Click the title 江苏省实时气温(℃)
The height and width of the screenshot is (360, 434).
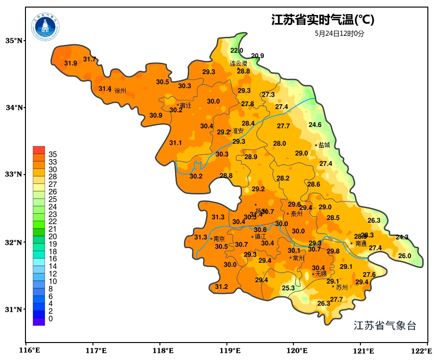coord(323,20)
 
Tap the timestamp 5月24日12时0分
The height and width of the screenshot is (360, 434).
coord(340,33)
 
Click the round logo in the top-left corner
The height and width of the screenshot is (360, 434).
coord(46,27)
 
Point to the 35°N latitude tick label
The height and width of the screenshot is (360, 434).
coord(14,41)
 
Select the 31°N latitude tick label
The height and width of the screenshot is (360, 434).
coord(14,310)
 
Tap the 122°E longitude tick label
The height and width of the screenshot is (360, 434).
coord(422,351)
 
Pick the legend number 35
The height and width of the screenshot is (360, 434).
coord(52,154)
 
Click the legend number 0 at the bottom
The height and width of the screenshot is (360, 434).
coord(50,319)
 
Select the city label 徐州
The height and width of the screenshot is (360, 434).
coord(120,91)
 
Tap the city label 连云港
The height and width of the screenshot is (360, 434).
coord(238,63)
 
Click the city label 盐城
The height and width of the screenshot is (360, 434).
coord(325,145)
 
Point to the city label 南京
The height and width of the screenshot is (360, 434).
coord(219,239)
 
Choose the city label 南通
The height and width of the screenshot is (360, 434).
coord(361,244)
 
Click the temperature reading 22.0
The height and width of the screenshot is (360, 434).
coord(237,50)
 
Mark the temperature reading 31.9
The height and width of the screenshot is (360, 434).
coord(71,63)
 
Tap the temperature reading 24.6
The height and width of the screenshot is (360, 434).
coord(315,125)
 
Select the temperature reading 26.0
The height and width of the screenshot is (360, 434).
coord(405,256)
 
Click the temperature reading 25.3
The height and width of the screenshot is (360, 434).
coord(288,288)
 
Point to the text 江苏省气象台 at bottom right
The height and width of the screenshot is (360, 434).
coord(385,326)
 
